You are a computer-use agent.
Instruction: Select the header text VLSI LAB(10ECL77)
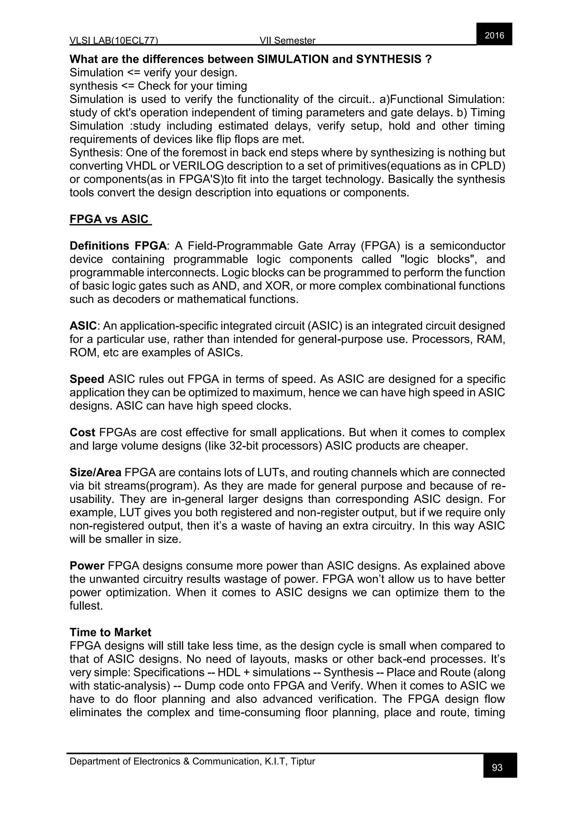[114, 41]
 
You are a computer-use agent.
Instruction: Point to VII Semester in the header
[287, 41]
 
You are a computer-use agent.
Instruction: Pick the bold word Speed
[87, 379]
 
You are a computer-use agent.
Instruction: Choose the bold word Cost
[82, 432]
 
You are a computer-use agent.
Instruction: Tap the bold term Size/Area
[95, 472]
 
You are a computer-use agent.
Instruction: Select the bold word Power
[87, 566]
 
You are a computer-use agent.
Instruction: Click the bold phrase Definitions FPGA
[118, 246]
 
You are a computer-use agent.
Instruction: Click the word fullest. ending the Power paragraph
[86, 606]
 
